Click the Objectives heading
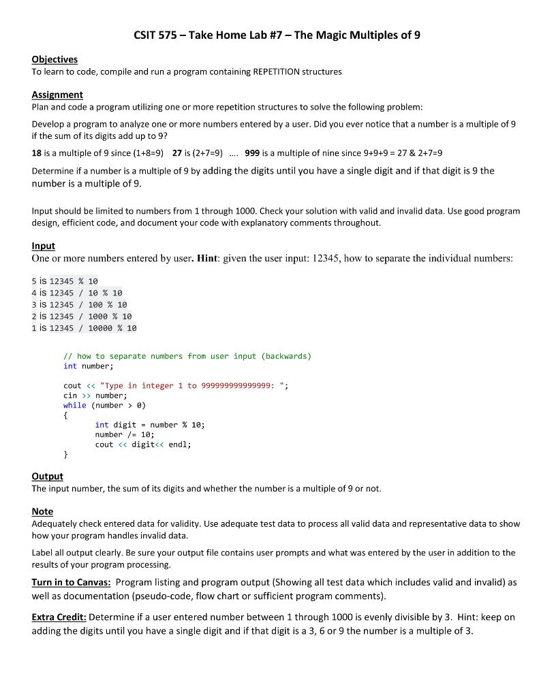tap(55, 59)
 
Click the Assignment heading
tap(57, 95)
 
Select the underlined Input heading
tap(43, 246)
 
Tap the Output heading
tap(47, 476)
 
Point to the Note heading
tap(42, 511)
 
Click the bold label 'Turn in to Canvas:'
tap(72, 583)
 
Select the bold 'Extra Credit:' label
tap(59, 617)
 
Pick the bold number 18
tap(37, 153)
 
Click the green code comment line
tap(187, 356)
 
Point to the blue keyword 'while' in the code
tap(75, 405)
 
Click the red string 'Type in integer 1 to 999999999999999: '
tap(194, 386)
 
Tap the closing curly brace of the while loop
tap(65, 454)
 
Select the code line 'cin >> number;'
tap(95, 395)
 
